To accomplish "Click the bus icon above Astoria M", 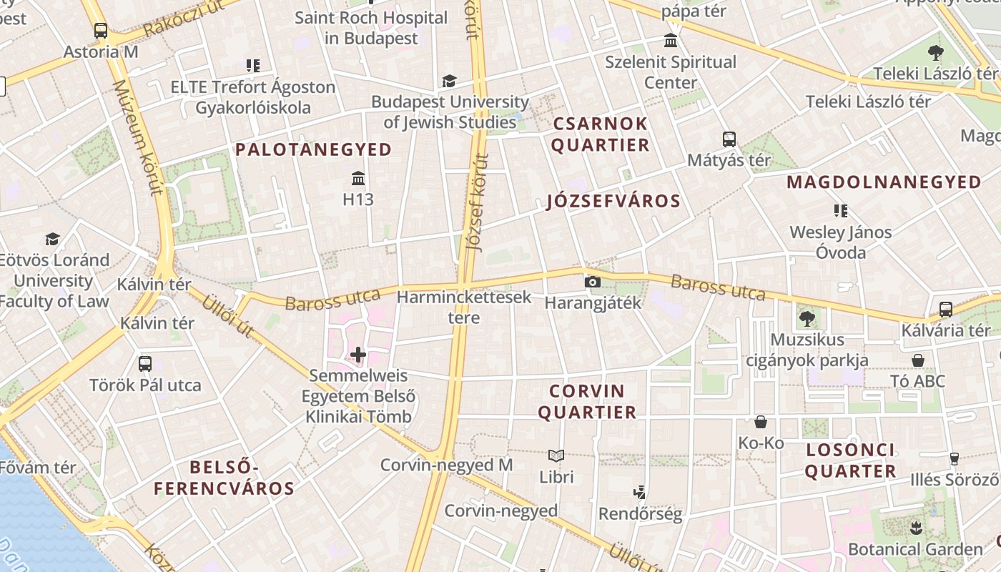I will [101, 31].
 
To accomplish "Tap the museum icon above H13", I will [358, 178].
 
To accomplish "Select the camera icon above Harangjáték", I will [592, 282].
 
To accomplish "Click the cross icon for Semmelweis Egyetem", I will [358, 355].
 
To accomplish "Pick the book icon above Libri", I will [556, 455].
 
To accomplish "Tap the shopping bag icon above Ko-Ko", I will [761, 422].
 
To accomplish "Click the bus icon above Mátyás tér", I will [729, 139].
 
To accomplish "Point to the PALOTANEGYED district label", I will [314, 149].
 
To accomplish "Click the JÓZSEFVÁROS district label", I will [613, 201].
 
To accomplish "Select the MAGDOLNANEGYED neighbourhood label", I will [884, 182].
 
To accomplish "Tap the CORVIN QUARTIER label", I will [587, 402].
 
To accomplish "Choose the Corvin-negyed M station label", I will [446, 465].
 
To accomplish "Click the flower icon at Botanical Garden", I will [915, 528].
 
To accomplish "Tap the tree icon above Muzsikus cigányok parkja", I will [807, 318].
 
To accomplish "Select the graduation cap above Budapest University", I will [449, 82].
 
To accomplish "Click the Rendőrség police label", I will [640, 513].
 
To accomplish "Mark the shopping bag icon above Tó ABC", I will [918, 360].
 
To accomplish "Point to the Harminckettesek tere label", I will [464, 307].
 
